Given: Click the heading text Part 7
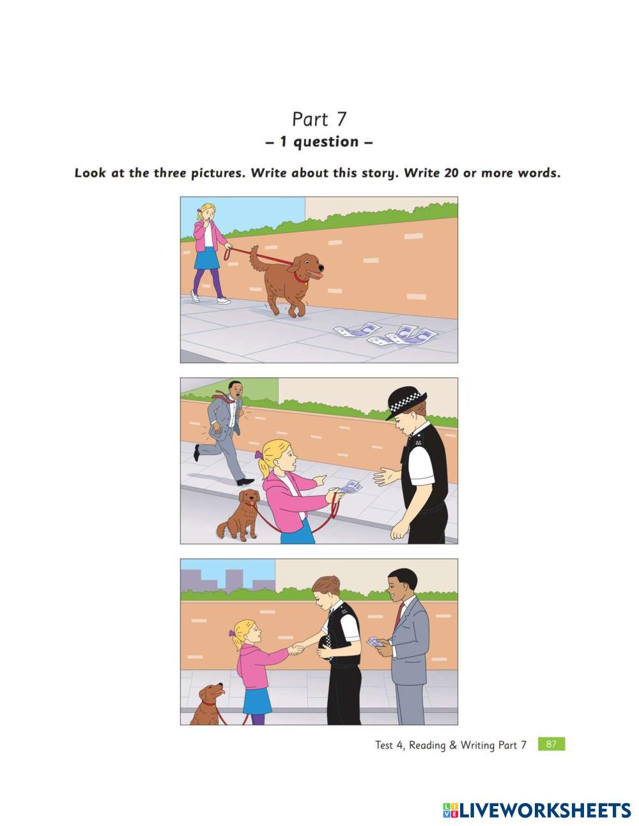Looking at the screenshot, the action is click(x=319, y=119).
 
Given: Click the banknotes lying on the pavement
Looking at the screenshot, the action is click(x=385, y=334).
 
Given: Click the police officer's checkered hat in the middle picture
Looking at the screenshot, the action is click(x=406, y=405).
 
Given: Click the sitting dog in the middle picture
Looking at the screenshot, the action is click(x=239, y=514).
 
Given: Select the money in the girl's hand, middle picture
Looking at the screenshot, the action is click(x=350, y=486).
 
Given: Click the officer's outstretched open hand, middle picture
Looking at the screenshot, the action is click(x=386, y=476).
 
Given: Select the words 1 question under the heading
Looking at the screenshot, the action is click(x=319, y=142).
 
